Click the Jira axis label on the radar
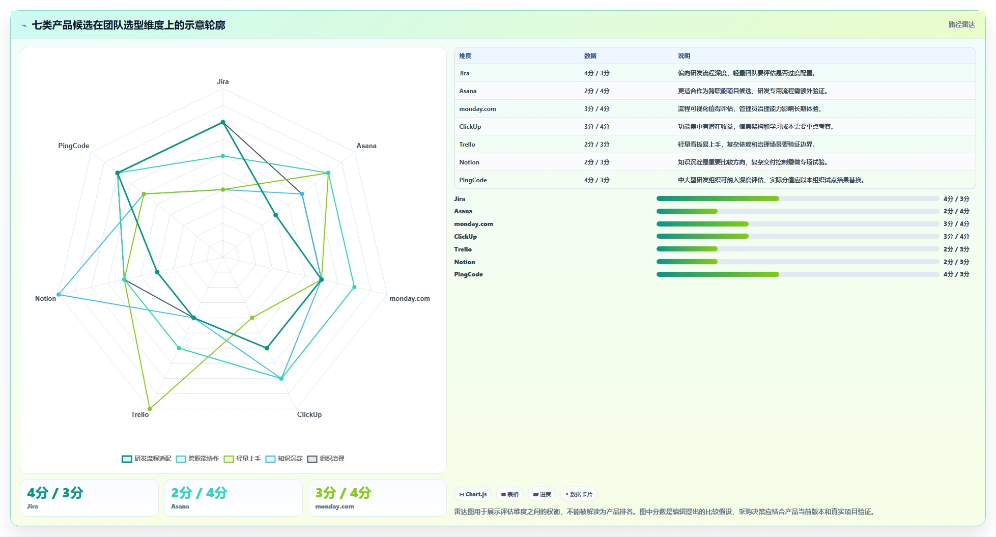[x=222, y=81]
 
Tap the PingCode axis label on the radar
[x=73, y=146]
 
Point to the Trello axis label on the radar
[x=139, y=414]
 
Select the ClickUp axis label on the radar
[x=309, y=414]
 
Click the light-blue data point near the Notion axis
[x=59, y=294]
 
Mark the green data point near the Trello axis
[x=150, y=409]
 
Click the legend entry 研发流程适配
[x=147, y=459]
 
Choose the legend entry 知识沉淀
[x=284, y=459]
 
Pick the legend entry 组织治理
[x=326, y=459]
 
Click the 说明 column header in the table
[x=684, y=56]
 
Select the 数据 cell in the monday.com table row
[x=596, y=109]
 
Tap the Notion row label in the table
[x=469, y=162]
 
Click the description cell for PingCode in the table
[x=771, y=180]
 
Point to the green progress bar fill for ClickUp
[x=702, y=236]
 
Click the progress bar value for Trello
[x=956, y=249]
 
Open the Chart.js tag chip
[x=473, y=494]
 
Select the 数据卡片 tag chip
[x=579, y=494]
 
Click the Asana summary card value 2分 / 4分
[x=199, y=493]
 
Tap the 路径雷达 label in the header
[x=961, y=24]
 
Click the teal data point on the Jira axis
[x=222, y=122]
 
